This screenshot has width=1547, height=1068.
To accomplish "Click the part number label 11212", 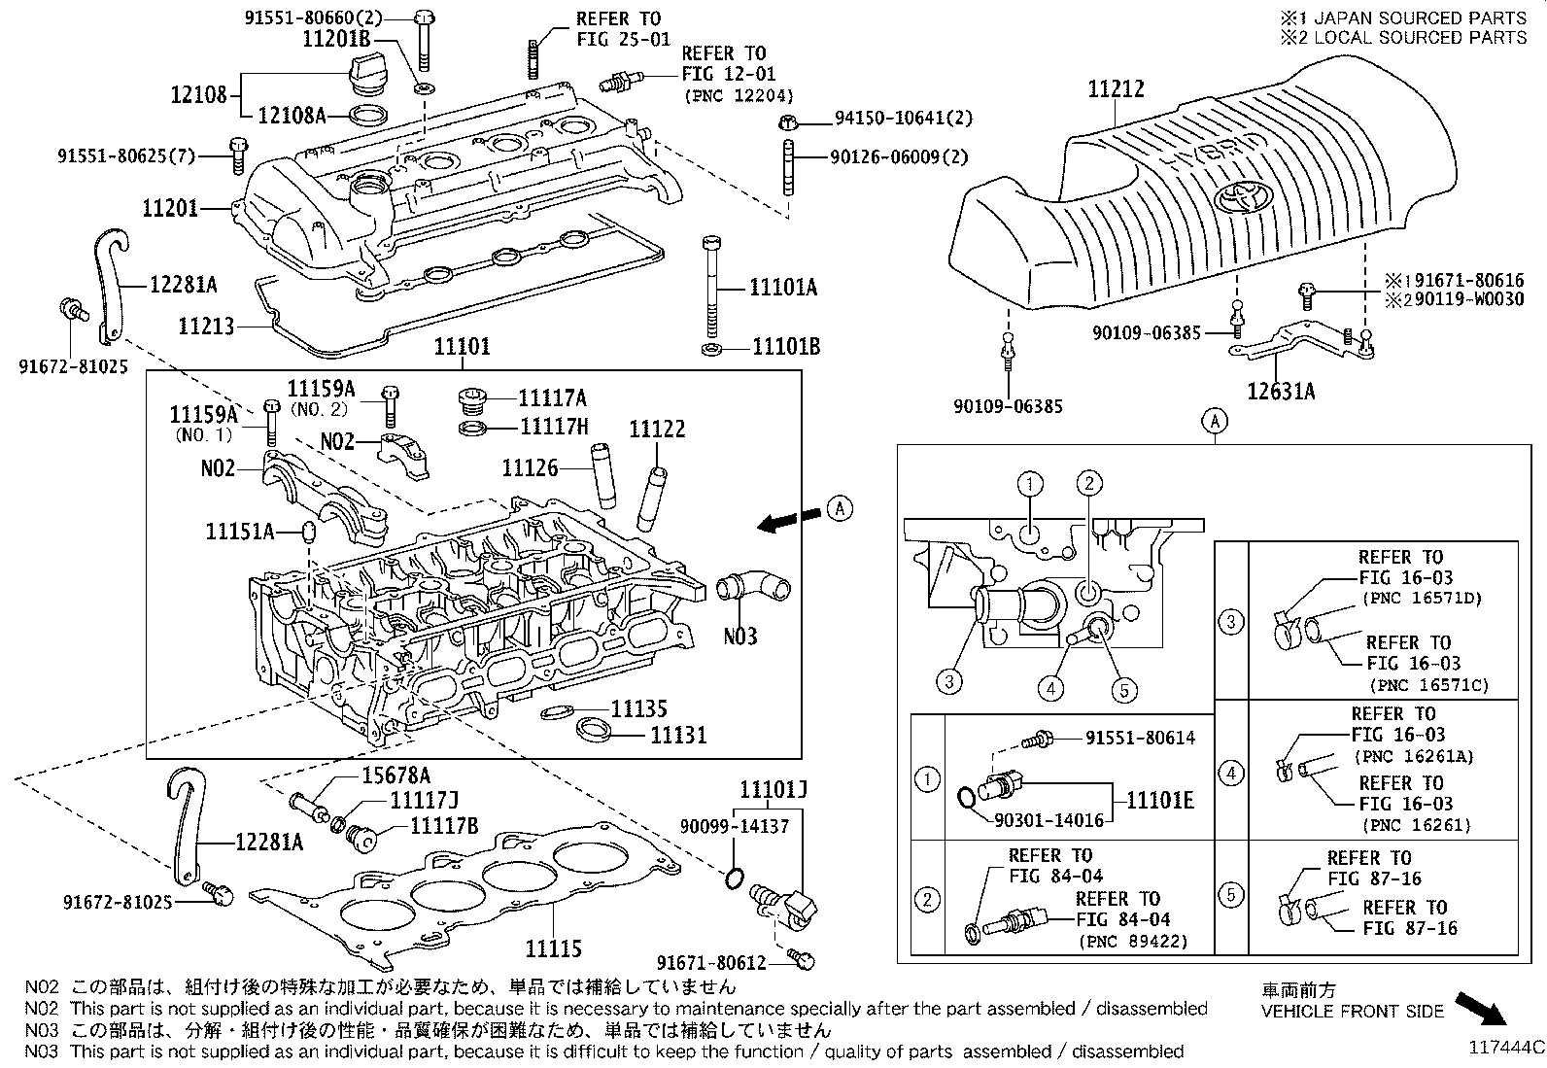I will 1116,89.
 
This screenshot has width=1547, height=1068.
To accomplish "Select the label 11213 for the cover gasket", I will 206,326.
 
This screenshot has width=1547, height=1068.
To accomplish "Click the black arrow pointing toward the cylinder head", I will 787,521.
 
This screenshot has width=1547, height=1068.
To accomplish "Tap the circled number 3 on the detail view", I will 948,681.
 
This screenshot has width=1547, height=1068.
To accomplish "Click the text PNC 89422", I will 1133,941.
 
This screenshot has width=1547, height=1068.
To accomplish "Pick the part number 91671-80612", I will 711,962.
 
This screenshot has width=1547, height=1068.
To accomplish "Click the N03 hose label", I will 739,637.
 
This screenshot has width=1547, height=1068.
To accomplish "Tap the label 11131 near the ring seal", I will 678,736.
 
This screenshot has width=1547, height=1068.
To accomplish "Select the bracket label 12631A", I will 1281,391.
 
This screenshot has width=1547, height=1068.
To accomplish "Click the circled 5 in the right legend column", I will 1231,894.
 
